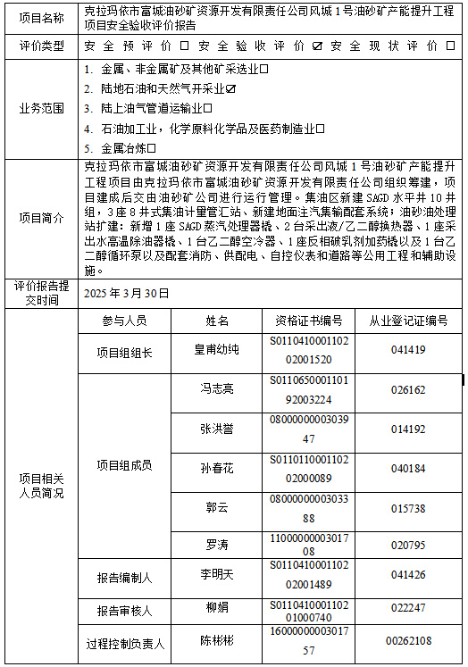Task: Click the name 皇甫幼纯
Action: pyautogui.click(x=217, y=349)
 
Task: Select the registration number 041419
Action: pyautogui.click(x=408, y=350)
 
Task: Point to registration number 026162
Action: pyautogui.click(x=408, y=389)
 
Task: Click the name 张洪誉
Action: pyautogui.click(x=217, y=428)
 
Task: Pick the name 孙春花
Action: pyautogui.click(x=217, y=467)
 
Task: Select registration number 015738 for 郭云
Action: pyautogui.click(x=408, y=507)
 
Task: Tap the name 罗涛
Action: pyautogui.click(x=217, y=544)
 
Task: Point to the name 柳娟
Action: pyautogui.click(x=217, y=607)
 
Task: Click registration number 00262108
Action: pyautogui.click(x=408, y=640)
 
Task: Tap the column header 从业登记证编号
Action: pyautogui.click(x=408, y=321)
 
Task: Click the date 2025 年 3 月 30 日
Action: pyautogui.click(x=125, y=293)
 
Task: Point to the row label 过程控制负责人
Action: pyautogui.click(x=124, y=642)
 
